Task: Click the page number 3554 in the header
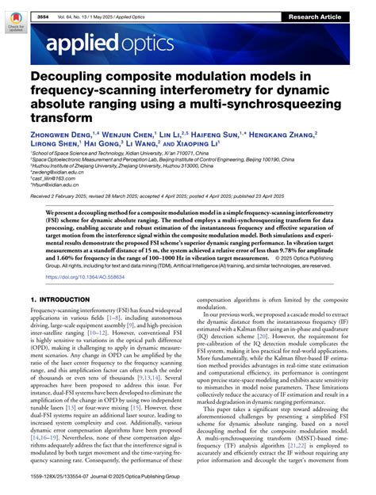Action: (x=40, y=6)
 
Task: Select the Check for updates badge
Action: (x=14, y=20)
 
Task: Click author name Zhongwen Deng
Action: (x=64, y=136)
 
